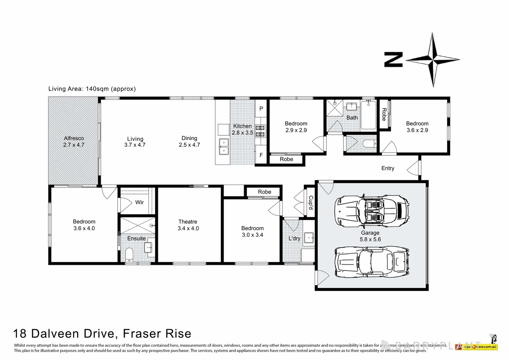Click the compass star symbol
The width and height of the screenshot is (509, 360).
[x=432, y=60]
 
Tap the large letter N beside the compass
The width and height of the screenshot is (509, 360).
[x=393, y=60]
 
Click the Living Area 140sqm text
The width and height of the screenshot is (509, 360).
[x=92, y=89]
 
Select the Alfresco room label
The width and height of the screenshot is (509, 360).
[x=74, y=141]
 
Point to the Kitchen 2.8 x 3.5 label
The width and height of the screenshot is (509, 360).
[x=243, y=129]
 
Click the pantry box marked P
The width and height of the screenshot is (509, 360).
[x=261, y=109]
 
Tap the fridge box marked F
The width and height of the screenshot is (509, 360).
[x=261, y=155]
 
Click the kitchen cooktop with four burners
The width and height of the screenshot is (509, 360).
[x=260, y=131]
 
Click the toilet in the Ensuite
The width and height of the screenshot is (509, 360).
[x=129, y=255]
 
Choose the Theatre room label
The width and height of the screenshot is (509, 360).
[x=188, y=225]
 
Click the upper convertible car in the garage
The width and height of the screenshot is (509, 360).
[x=372, y=210]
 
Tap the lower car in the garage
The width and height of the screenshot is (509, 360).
[x=372, y=261]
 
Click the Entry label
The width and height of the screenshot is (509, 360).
[x=388, y=168]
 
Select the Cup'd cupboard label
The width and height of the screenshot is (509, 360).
[x=310, y=203]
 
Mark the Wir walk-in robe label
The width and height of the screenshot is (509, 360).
[x=139, y=202]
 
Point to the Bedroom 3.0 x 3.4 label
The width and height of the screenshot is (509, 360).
[x=253, y=232]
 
